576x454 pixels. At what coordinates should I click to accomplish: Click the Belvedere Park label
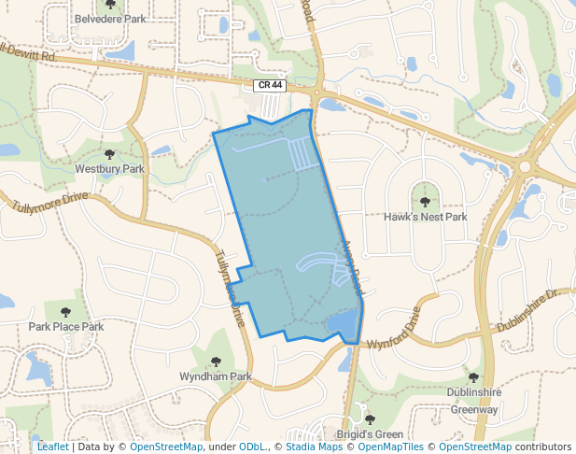click(x=110, y=19)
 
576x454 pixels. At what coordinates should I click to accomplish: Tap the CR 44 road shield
click(x=269, y=86)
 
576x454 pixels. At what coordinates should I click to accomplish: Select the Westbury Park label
click(x=110, y=169)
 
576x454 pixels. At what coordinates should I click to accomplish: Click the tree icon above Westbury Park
click(x=109, y=154)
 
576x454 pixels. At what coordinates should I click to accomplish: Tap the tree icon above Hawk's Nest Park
click(x=425, y=201)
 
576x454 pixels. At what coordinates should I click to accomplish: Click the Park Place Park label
click(x=66, y=327)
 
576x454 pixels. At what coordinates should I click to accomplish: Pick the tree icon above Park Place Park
click(x=65, y=312)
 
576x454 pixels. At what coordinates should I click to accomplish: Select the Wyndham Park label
click(x=216, y=376)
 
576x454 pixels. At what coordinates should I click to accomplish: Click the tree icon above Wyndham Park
click(x=216, y=362)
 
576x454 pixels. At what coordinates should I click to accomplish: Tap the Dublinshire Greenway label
click(x=474, y=402)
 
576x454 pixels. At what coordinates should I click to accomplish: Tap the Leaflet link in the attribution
click(x=52, y=447)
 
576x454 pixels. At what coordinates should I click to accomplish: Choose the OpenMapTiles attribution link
click(x=388, y=447)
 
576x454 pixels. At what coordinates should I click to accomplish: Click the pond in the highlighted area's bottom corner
click(x=343, y=325)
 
